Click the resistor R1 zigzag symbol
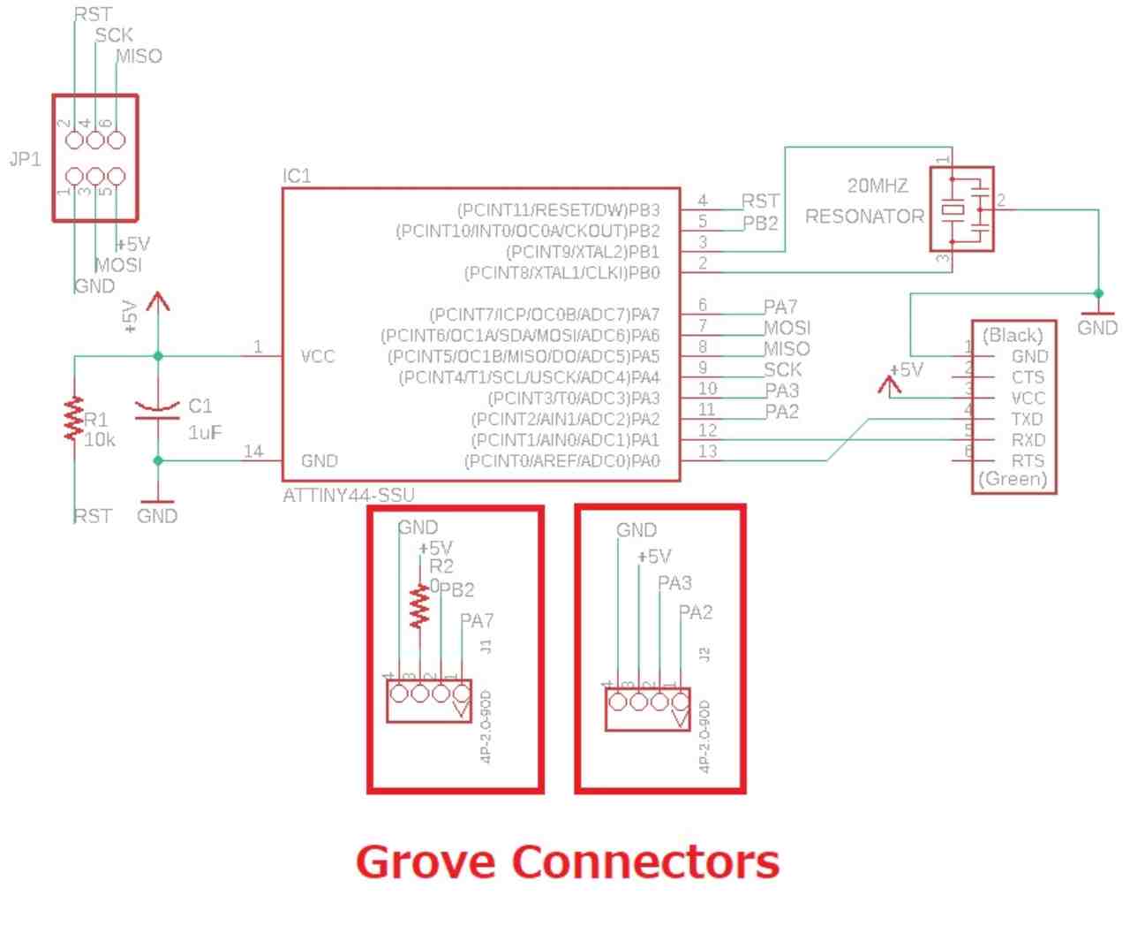pos(73,419)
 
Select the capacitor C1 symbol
pos(157,407)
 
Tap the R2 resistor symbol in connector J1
pos(419,606)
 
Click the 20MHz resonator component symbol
pos(961,209)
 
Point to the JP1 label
pos(25,160)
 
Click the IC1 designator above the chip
pos(297,176)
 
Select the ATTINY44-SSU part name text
pos(348,495)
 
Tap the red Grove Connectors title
pos(568,861)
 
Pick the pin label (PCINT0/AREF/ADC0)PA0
pos(561,461)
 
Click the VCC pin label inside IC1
pos(318,356)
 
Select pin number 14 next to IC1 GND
pos(253,452)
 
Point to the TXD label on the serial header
pos(1027,419)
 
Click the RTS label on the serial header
pos(1028,460)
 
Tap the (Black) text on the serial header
pos(1013,335)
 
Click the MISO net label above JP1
pos(139,57)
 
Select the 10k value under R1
pos(99,439)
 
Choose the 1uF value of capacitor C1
pos(205,433)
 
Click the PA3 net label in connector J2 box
pos(674,583)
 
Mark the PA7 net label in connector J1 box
pos(477,621)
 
